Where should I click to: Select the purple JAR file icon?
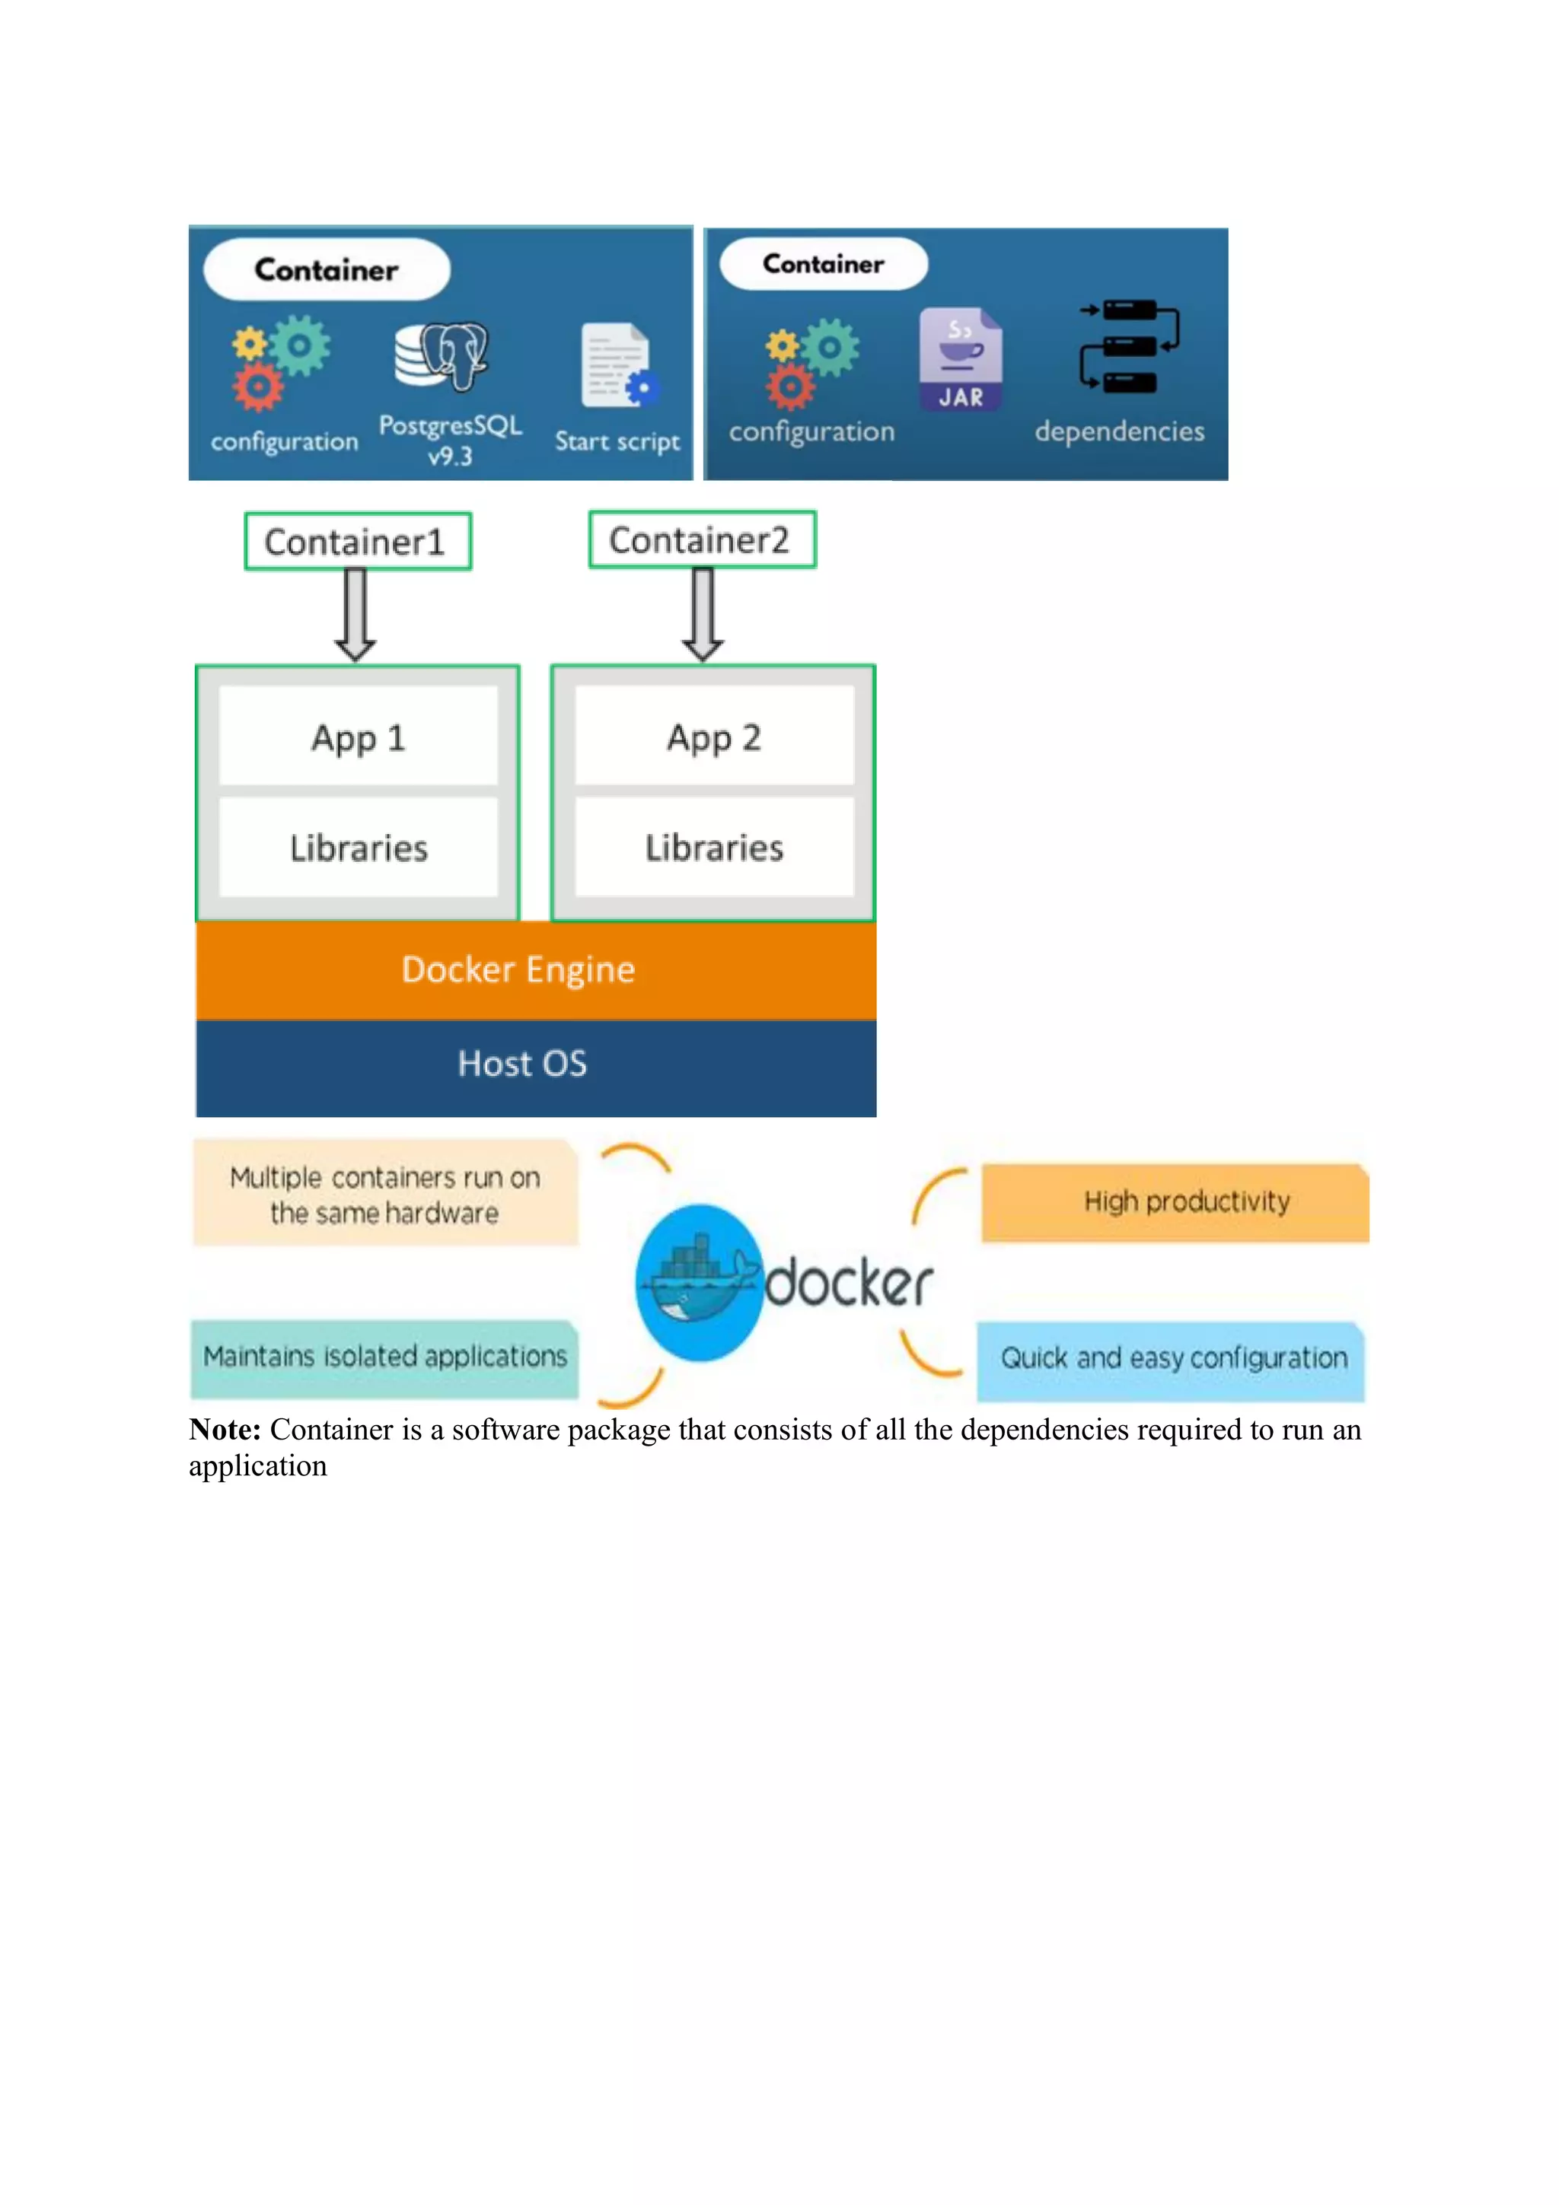tap(960, 359)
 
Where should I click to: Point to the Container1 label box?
tap(357, 542)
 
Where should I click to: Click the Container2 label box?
tap(702, 539)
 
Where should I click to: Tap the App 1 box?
tap(359, 737)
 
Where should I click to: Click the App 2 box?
tap(714, 737)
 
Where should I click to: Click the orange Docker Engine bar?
tap(535, 970)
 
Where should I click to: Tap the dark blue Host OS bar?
tap(535, 1065)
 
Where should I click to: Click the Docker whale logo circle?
tap(700, 1283)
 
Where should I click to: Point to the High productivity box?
tap(1174, 1202)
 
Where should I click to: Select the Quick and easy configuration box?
tap(1170, 1359)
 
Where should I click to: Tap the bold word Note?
tap(225, 1430)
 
